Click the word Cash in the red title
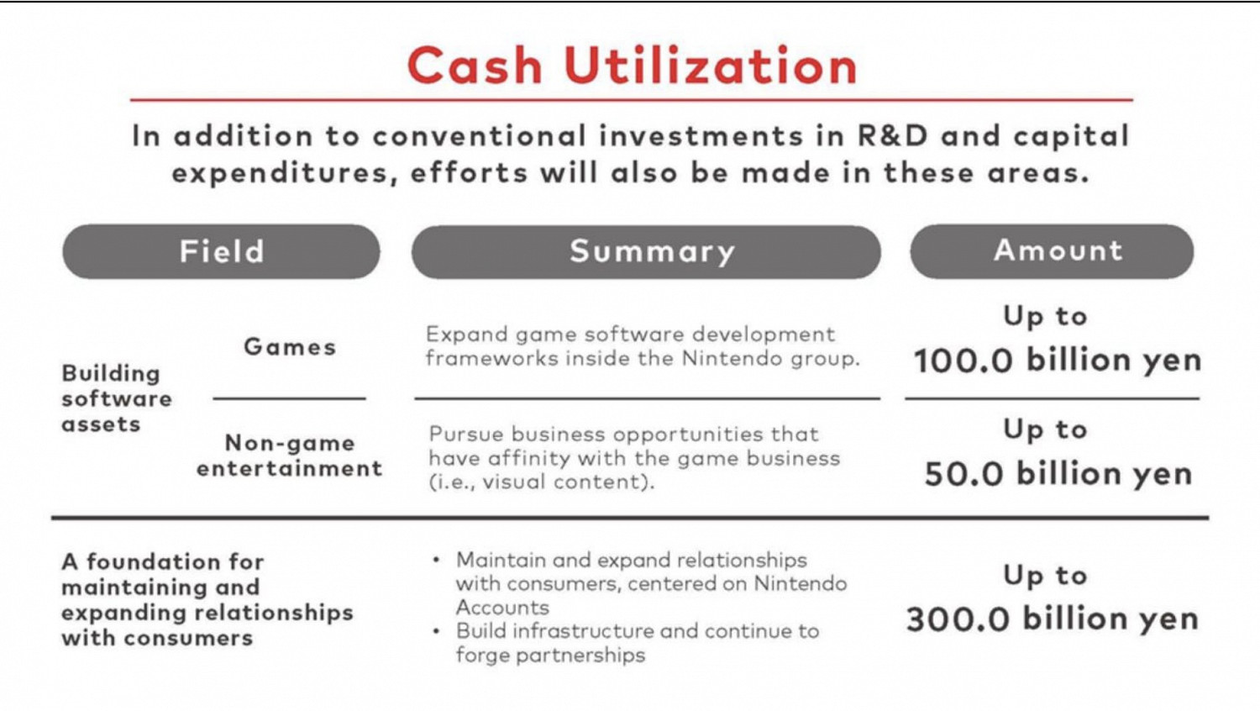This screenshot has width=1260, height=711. (x=475, y=66)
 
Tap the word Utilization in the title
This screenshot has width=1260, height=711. (x=710, y=66)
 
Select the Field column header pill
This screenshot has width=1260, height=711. (x=221, y=251)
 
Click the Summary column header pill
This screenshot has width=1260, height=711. (x=646, y=251)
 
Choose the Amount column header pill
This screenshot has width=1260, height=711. (x=1052, y=251)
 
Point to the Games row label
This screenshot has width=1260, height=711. (x=290, y=347)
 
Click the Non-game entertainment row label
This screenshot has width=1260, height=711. (x=289, y=456)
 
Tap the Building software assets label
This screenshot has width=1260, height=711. (x=117, y=398)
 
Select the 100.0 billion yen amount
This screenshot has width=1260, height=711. (x=1057, y=361)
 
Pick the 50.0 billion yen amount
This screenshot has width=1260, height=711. (x=1058, y=473)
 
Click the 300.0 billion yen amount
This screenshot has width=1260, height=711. (x=1052, y=619)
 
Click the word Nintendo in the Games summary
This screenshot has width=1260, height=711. (x=732, y=358)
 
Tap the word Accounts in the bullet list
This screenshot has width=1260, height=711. (x=502, y=608)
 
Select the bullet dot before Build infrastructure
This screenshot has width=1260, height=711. (x=436, y=632)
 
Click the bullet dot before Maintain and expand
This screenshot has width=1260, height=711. (x=436, y=561)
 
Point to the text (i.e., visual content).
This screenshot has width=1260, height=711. (x=542, y=482)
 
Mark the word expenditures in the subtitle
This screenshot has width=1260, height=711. (x=281, y=173)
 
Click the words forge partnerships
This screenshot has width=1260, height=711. (x=550, y=656)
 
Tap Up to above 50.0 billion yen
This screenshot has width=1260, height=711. (x=1045, y=430)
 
